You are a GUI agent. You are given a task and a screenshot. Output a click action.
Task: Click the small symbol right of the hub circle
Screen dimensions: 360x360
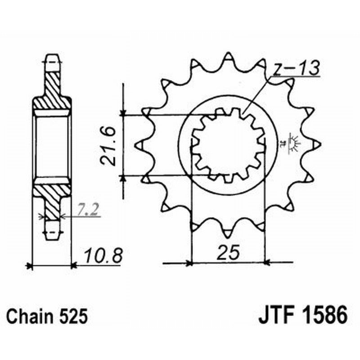(x=295, y=144)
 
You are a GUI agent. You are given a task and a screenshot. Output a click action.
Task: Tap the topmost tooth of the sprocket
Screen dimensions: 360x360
(x=228, y=58)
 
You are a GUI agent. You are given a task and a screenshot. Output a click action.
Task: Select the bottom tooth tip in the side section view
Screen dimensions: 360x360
(x=52, y=233)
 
